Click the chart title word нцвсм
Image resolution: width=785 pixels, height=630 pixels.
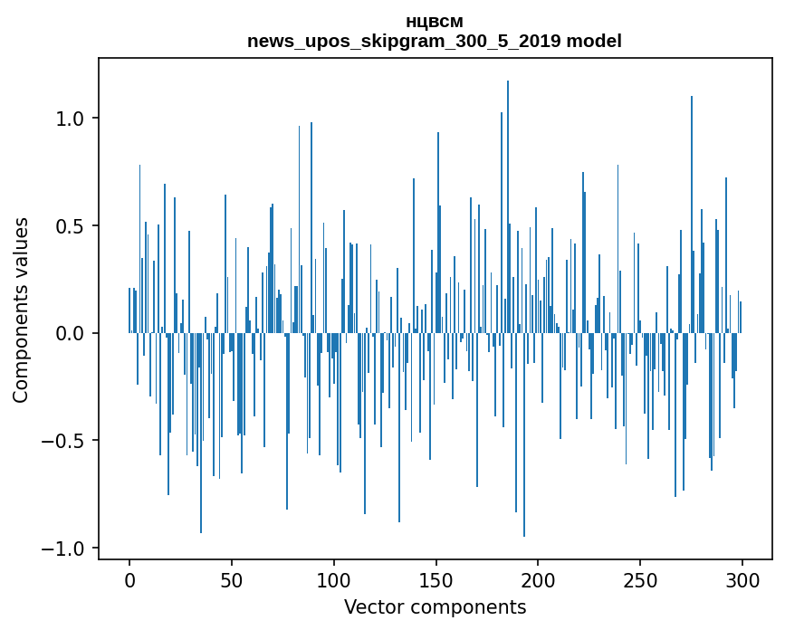tap(435, 22)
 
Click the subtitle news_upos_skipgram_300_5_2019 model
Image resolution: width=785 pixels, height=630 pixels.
tap(435, 41)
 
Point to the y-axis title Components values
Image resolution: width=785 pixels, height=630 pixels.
tap(21, 310)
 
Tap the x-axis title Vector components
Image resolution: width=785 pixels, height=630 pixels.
tap(435, 607)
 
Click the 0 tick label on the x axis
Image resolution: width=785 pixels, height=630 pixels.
tap(129, 579)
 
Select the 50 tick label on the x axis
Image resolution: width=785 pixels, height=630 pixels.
tap(232, 579)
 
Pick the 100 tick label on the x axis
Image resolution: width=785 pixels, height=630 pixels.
tap(333, 579)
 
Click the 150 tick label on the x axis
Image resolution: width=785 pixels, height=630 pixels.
tap(436, 579)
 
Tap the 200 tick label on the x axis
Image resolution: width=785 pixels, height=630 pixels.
tap(538, 579)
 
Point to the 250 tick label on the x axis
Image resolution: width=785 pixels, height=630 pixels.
tap(640, 579)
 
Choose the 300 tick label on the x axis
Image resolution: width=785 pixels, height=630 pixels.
tap(742, 579)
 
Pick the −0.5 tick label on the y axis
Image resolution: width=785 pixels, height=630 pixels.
tap(63, 441)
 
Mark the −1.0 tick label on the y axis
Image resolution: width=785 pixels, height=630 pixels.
tap(63, 549)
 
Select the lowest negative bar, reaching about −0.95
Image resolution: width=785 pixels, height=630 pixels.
tap(524, 434)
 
